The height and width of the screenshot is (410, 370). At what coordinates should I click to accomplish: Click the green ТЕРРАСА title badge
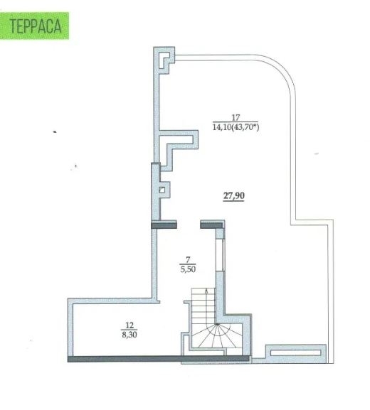(x=34, y=26)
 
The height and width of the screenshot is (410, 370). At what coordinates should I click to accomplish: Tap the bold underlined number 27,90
(x=234, y=195)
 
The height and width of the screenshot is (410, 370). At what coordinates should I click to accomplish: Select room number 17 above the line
(x=236, y=117)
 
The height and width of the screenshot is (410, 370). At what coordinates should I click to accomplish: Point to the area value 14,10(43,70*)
(x=236, y=127)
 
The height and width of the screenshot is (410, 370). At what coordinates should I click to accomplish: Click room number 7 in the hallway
(x=188, y=259)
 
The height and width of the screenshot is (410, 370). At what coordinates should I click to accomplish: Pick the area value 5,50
(x=188, y=269)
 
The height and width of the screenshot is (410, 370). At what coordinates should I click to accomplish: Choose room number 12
(x=129, y=325)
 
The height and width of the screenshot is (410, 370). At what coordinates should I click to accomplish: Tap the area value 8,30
(x=129, y=335)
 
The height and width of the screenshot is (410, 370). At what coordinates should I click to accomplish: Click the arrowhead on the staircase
(x=206, y=290)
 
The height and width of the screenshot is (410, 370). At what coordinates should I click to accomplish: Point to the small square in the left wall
(x=162, y=190)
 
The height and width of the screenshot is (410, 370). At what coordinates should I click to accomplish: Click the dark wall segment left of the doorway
(x=164, y=225)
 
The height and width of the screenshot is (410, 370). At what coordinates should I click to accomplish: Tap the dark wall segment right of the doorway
(x=211, y=225)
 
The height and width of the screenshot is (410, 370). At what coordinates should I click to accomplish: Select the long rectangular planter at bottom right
(x=295, y=352)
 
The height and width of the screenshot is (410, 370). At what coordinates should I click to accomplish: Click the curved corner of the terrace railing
(x=284, y=70)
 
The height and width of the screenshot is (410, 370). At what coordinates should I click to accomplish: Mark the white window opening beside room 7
(x=220, y=255)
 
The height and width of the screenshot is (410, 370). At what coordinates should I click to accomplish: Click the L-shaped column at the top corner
(x=164, y=58)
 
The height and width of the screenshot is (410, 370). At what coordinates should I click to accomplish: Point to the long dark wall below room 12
(x=158, y=359)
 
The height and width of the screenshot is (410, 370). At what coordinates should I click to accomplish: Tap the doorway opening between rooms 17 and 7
(x=189, y=225)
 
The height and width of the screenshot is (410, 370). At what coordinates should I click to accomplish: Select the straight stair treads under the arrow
(x=203, y=306)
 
